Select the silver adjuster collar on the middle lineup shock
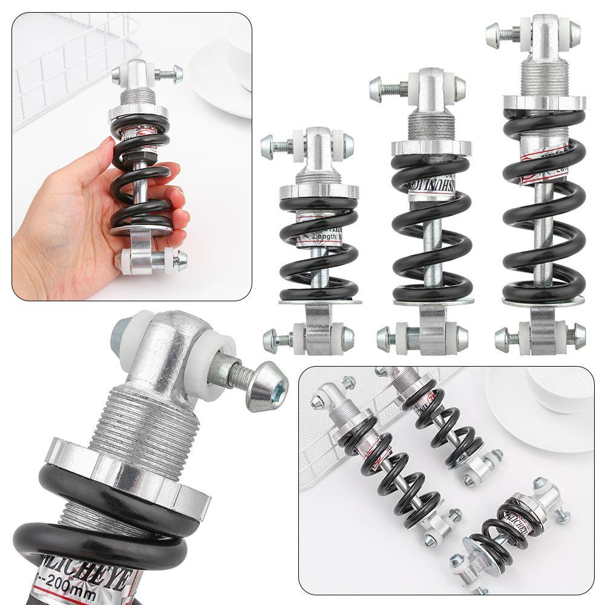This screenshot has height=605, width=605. pos(430,147)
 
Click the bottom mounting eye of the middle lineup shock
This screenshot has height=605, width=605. pos(430,333)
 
